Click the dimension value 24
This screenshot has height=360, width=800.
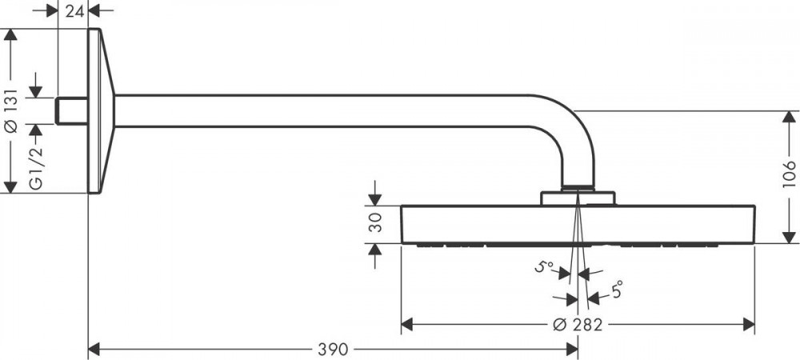[74, 10]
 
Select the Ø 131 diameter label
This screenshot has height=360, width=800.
[11, 110]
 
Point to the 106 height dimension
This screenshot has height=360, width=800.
[789, 174]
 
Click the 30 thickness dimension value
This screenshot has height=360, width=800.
[375, 223]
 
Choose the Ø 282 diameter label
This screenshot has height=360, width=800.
[578, 324]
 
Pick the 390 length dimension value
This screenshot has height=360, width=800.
[333, 350]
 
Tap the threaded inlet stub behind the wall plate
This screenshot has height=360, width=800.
[72, 110]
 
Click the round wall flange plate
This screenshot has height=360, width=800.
[101, 110]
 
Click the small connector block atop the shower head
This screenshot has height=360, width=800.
[578, 198]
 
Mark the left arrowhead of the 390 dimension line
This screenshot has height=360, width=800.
[94, 350]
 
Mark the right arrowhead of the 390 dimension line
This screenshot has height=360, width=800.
[572, 350]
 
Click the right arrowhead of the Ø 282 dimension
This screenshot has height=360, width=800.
[749, 324]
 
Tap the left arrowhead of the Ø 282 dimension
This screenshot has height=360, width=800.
[406, 324]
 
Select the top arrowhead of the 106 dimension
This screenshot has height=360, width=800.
[789, 117]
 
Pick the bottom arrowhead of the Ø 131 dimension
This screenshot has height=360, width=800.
[10, 187]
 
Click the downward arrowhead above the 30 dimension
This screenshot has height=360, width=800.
[375, 200]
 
